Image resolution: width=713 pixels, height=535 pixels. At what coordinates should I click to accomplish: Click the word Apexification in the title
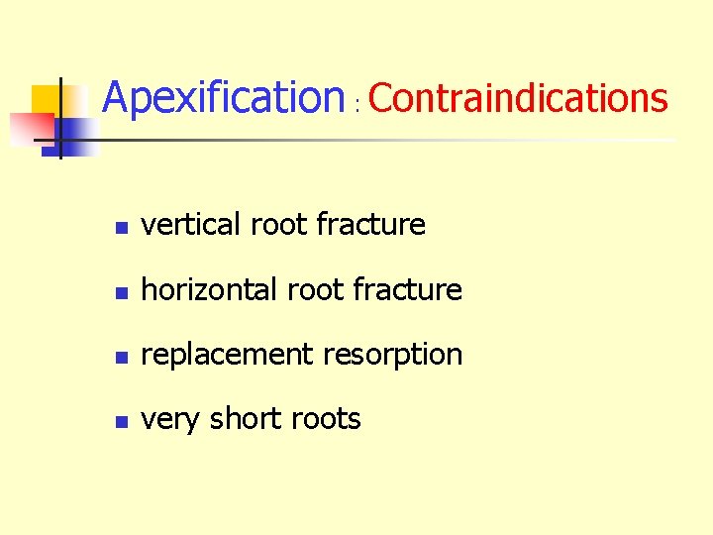pyautogui.click(x=223, y=97)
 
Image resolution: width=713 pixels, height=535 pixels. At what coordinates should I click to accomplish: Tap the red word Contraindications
pyautogui.click(x=518, y=98)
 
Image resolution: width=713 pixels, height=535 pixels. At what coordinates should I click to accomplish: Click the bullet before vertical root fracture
pyautogui.click(x=119, y=228)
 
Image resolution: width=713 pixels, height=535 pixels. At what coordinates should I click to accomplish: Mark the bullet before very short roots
pyautogui.click(x=119, y=422)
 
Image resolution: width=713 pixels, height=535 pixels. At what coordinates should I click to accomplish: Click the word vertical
pyautogui.click(x=191, y=225)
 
